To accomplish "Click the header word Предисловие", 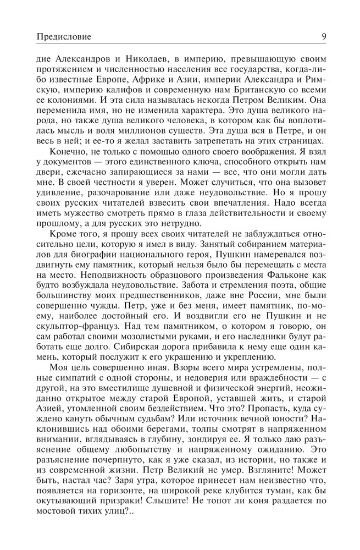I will [x=63, y=37].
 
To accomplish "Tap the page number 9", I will [x=325, y=37].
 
